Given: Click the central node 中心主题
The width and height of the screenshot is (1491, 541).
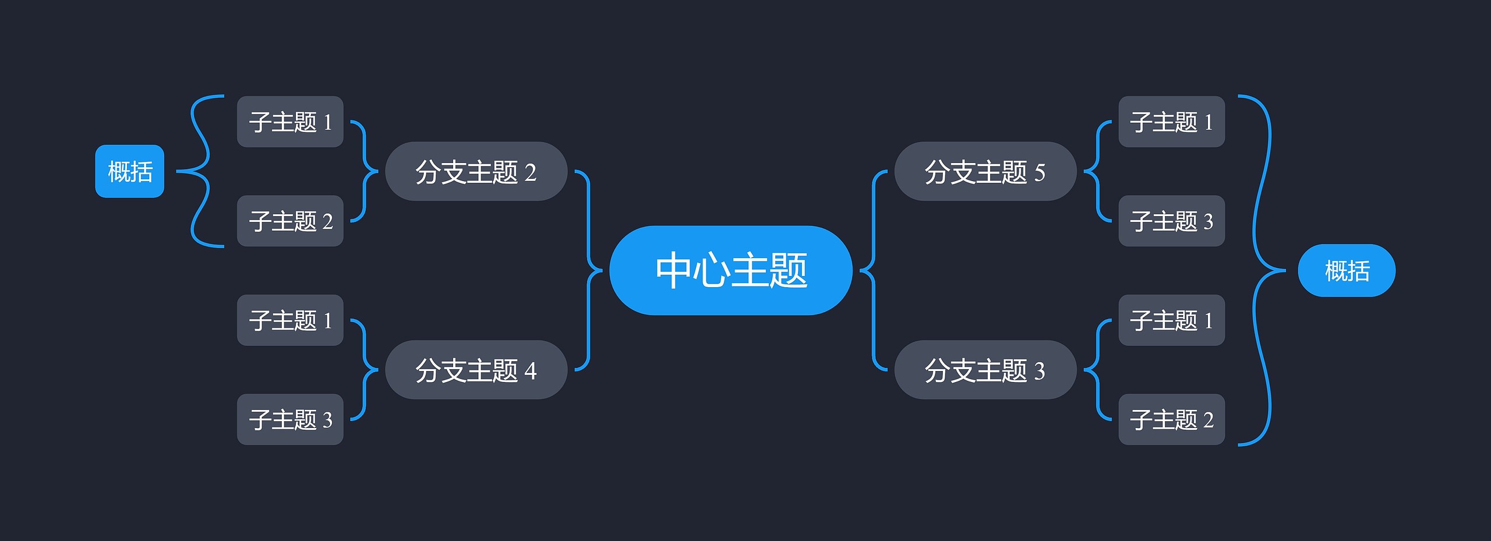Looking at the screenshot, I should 730,270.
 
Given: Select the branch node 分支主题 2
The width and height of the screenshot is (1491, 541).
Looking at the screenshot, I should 476,172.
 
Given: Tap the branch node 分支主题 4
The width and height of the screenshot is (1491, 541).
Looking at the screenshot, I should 476,370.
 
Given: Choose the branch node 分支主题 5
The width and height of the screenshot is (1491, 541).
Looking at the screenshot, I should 985,172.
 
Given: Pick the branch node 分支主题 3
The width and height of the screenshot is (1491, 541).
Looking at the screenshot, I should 985,370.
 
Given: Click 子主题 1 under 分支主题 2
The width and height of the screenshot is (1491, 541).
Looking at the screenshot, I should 290,122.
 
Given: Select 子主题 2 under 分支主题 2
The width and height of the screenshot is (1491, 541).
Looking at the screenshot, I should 290,221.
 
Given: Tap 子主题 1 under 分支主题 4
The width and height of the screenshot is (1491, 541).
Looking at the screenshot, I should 290,320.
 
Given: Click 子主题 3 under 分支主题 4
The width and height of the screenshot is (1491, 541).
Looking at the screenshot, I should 290,419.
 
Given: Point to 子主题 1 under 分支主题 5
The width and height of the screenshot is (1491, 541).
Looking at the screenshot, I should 1171,122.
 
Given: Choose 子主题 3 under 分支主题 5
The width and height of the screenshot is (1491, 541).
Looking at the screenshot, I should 1171,221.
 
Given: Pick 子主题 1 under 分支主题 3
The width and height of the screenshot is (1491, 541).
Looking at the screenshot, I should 1171,320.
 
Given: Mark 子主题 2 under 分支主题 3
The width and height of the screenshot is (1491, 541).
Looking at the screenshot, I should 1171,419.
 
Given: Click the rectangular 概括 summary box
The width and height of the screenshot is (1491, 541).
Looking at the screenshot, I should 130,171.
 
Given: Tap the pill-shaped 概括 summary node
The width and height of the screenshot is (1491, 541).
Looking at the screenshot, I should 1347,270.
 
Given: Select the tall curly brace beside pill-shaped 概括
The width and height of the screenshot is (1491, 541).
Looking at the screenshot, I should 1262,270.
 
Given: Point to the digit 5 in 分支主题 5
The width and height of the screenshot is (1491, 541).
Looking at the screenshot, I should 1040,173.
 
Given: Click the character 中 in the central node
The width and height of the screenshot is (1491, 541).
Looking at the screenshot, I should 674,270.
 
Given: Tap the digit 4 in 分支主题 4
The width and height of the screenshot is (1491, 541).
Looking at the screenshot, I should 531,371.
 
